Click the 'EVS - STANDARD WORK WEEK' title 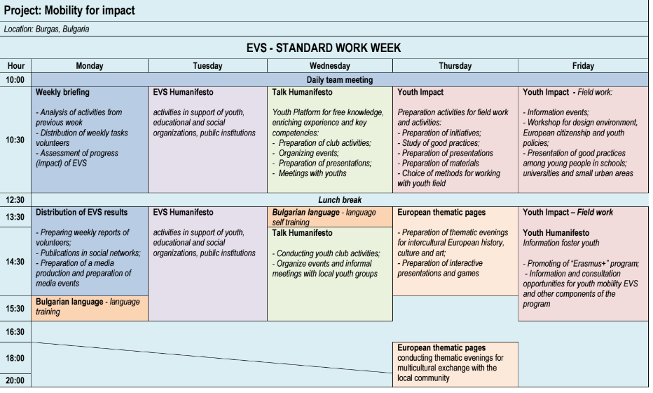click(x=324, y=48)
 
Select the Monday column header click(x=90, y=66)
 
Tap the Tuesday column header click(x=207, y=66)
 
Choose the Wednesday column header click(x=330, y=66)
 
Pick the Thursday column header click(x=455, y=66)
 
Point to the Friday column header click(x=583, y=66)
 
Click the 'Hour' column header click(x=15, y=66)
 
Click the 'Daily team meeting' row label click(x=339, y=80)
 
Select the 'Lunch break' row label click(x=339, y=200)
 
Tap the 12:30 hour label click(x=15, y=200)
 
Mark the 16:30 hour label click(x=15, y=331)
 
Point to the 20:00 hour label click(x=15, y=381)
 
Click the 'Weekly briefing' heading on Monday click(x=62, y=92)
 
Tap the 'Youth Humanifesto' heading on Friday click(x=558, y=232)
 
